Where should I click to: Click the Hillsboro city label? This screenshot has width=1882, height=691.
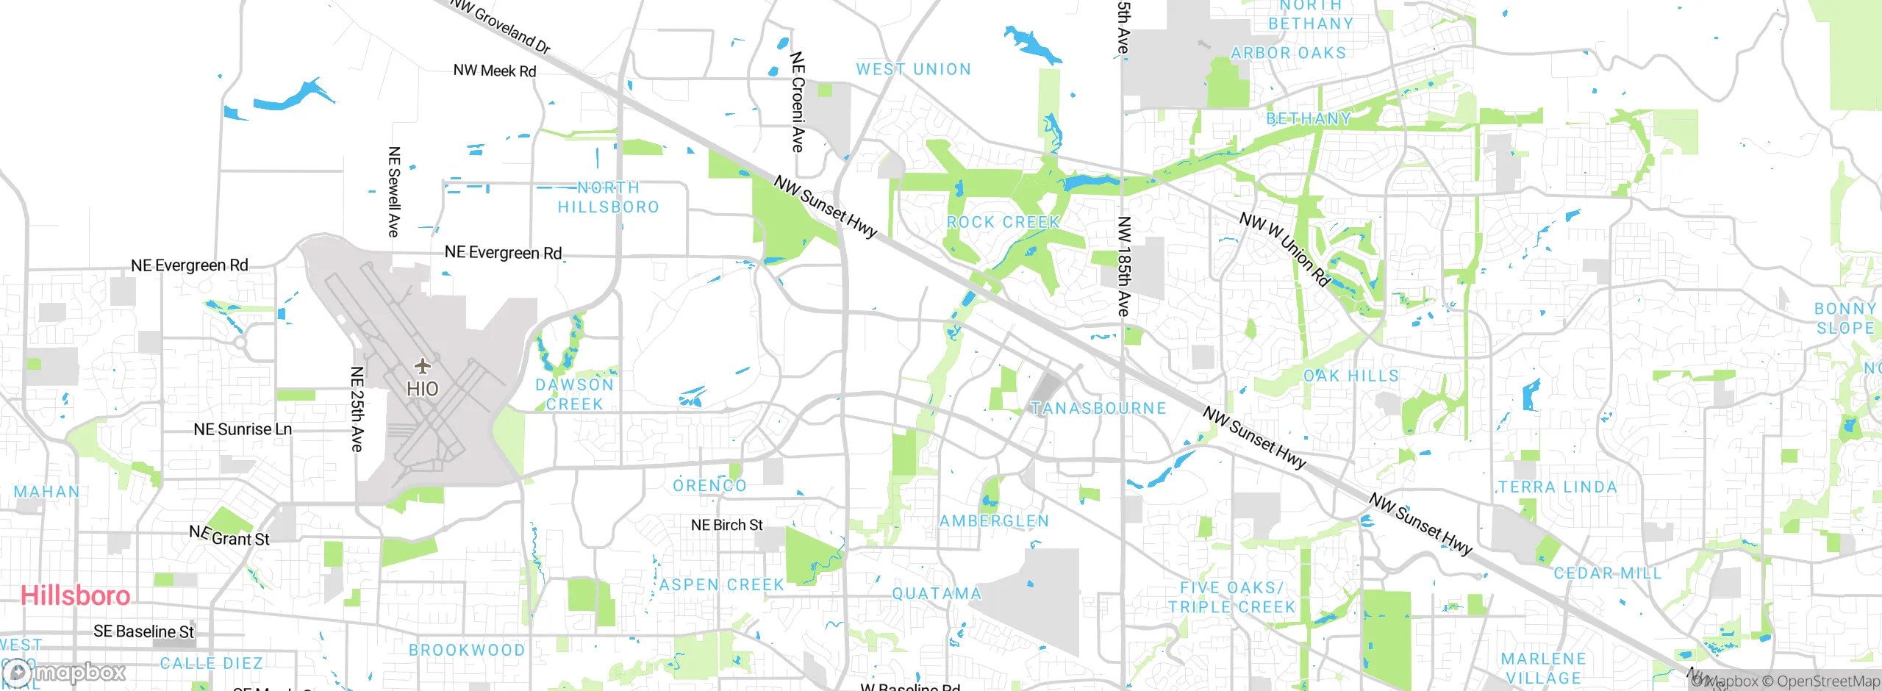click(x=76, y=595)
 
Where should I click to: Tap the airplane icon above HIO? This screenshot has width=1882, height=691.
click(x=422, y=365)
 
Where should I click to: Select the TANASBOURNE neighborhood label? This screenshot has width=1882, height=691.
click(x=1098, y=408)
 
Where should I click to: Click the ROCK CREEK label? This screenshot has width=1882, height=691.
click(x=1003, y=222)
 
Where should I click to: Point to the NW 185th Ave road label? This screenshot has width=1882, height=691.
click(x=1123, y=266)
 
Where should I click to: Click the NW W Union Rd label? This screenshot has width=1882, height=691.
click(x=1284, y=249)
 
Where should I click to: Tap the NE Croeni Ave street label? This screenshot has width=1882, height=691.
click(x=798, y=101)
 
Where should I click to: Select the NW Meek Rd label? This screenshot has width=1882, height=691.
click(x=495, y=71)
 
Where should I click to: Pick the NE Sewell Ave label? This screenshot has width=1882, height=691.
click(x=394, y=192)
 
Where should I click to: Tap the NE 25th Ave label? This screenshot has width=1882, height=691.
click(x=357, y=409)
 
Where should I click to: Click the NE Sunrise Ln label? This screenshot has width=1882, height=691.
click(x=243, y=429)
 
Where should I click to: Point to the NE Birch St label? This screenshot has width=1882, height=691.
click(x=726, y=525)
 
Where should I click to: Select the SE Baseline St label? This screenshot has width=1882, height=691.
click(x=143, y=631)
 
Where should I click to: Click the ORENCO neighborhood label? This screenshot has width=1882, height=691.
click(x=709, y=486)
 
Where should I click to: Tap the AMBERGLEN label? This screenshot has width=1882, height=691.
click(x=994, y=521)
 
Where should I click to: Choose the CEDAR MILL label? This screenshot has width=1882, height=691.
click(x=1607, y=573)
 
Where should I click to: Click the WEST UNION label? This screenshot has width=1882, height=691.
click(x=913, y=70)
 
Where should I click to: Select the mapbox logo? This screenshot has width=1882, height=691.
click(x=64, y=673)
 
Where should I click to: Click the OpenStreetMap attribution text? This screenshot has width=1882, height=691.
click(x=1828, y=681)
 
